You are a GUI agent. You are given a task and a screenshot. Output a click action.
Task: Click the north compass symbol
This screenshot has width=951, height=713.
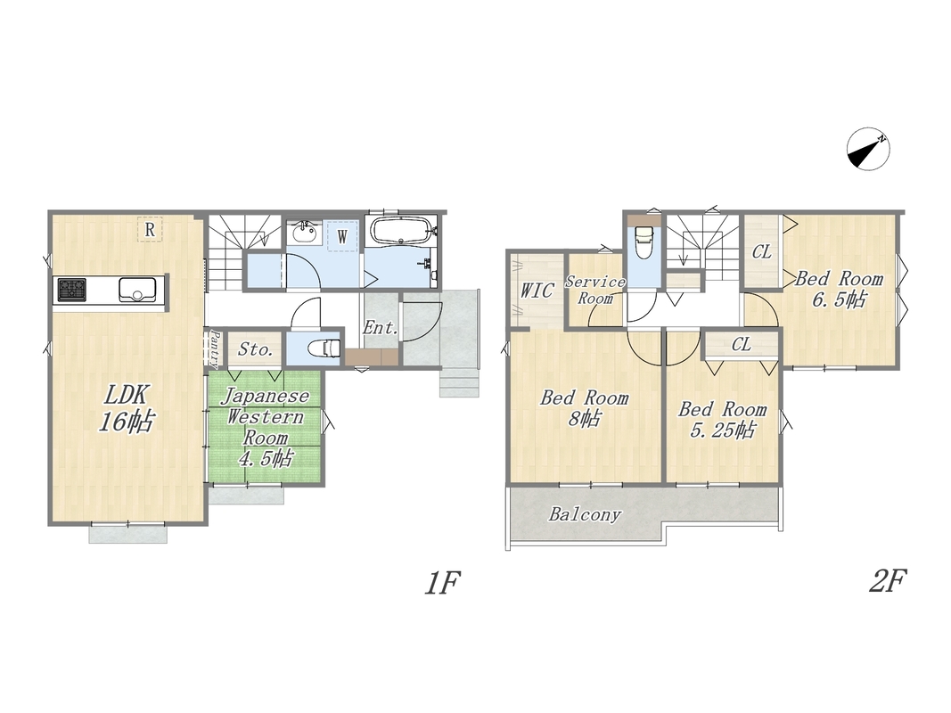(868, 149)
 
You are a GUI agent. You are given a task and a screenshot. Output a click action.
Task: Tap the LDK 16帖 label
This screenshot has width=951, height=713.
(127, 408)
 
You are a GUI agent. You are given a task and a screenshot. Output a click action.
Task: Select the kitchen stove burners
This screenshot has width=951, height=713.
(72, 290)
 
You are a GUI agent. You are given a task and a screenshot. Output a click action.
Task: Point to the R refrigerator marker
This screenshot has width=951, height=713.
(150, 230)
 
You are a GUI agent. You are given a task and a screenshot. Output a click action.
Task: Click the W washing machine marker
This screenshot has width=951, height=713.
(342, 236)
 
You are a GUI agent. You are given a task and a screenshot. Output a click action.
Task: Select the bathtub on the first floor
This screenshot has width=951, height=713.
(401, 231)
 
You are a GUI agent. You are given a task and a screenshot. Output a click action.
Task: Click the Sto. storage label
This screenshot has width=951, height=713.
(255, 349)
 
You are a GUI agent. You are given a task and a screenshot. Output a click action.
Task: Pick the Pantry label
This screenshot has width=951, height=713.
(214, 348)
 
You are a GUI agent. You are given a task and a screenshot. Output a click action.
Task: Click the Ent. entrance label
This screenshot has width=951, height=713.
(381, 328)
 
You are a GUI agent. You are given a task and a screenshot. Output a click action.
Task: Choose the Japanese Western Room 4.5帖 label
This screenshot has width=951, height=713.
(265, 427)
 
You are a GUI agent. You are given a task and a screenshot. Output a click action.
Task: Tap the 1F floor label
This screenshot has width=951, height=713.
(442, 583)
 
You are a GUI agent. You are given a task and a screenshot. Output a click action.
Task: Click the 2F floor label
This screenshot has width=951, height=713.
(888, 581)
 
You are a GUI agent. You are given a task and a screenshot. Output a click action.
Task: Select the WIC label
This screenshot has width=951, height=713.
(537, 291)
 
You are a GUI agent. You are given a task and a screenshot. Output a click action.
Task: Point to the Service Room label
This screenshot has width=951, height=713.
(595, 290)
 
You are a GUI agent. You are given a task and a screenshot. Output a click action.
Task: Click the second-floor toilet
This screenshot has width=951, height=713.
(643, 242)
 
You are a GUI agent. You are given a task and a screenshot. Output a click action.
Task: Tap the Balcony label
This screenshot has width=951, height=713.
(585, 515)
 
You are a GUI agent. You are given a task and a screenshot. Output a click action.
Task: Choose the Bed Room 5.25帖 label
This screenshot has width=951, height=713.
(722, 419)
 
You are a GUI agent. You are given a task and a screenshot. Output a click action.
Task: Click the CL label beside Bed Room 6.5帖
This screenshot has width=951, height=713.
(761, 251)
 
